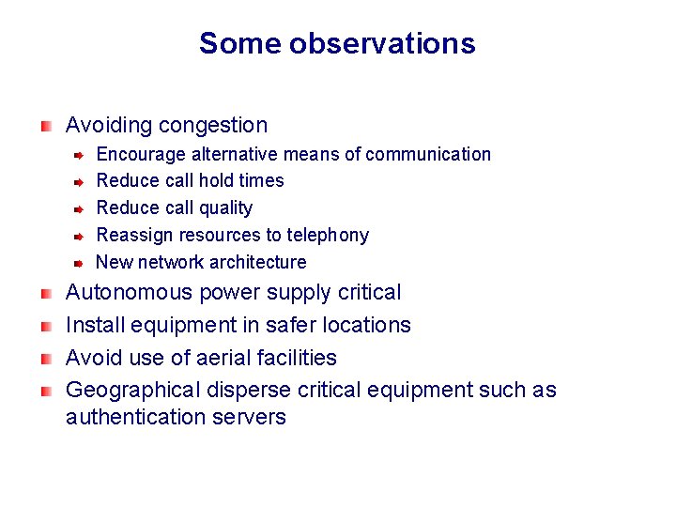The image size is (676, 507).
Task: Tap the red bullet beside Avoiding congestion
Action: click(x=46, y=125)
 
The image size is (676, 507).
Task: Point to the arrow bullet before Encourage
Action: click(x=82, y=154)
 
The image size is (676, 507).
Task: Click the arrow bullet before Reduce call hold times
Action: click(x=82, y=181)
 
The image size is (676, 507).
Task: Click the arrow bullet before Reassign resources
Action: click(x=82, y=236)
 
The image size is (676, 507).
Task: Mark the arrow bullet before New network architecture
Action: click(x=82, y=263)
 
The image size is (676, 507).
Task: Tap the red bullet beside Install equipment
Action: click(x=46, y=326)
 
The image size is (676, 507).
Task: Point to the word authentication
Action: click(x=131, y=416)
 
